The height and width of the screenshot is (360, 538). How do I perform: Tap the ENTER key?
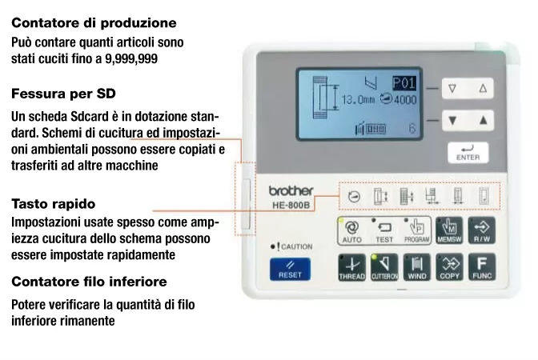coord(468,153)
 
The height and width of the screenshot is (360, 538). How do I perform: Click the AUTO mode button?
coord(352,230)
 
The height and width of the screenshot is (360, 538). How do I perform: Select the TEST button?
coord(384,230)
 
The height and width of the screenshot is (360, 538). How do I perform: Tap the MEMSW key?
coord(449,230)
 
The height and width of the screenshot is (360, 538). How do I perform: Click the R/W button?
coord(482,230)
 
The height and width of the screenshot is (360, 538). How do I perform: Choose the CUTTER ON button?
coord(384,267)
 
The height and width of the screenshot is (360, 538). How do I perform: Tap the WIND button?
coord(416,267)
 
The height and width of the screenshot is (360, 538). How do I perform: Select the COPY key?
coord(449,267)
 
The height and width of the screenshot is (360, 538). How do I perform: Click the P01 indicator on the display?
coord(404,83)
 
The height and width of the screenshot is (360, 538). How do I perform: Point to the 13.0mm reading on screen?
coord(358,100)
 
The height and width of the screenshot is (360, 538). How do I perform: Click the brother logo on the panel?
coord(291,191)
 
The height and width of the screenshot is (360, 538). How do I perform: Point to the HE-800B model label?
coord(291,205)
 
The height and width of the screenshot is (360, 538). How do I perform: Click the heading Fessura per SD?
coord(63,94)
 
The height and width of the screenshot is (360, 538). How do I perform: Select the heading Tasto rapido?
coord(54,204)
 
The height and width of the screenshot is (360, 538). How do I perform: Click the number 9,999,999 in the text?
coord(131,59)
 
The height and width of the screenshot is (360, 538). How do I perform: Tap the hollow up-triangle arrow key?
coord(483,89)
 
